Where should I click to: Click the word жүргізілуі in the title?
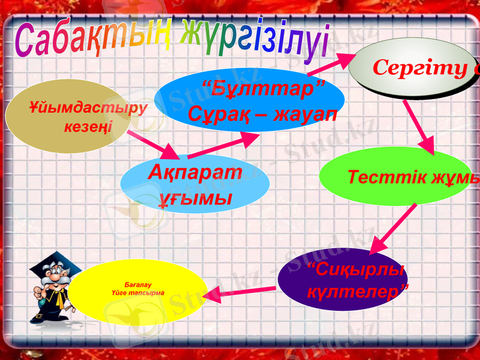click(254, 37)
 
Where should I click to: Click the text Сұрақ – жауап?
click(262, 113)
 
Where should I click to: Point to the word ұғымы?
click(195, 197)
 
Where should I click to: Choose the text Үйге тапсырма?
click(138, 292)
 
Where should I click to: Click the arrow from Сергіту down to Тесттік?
click(419, 127)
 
